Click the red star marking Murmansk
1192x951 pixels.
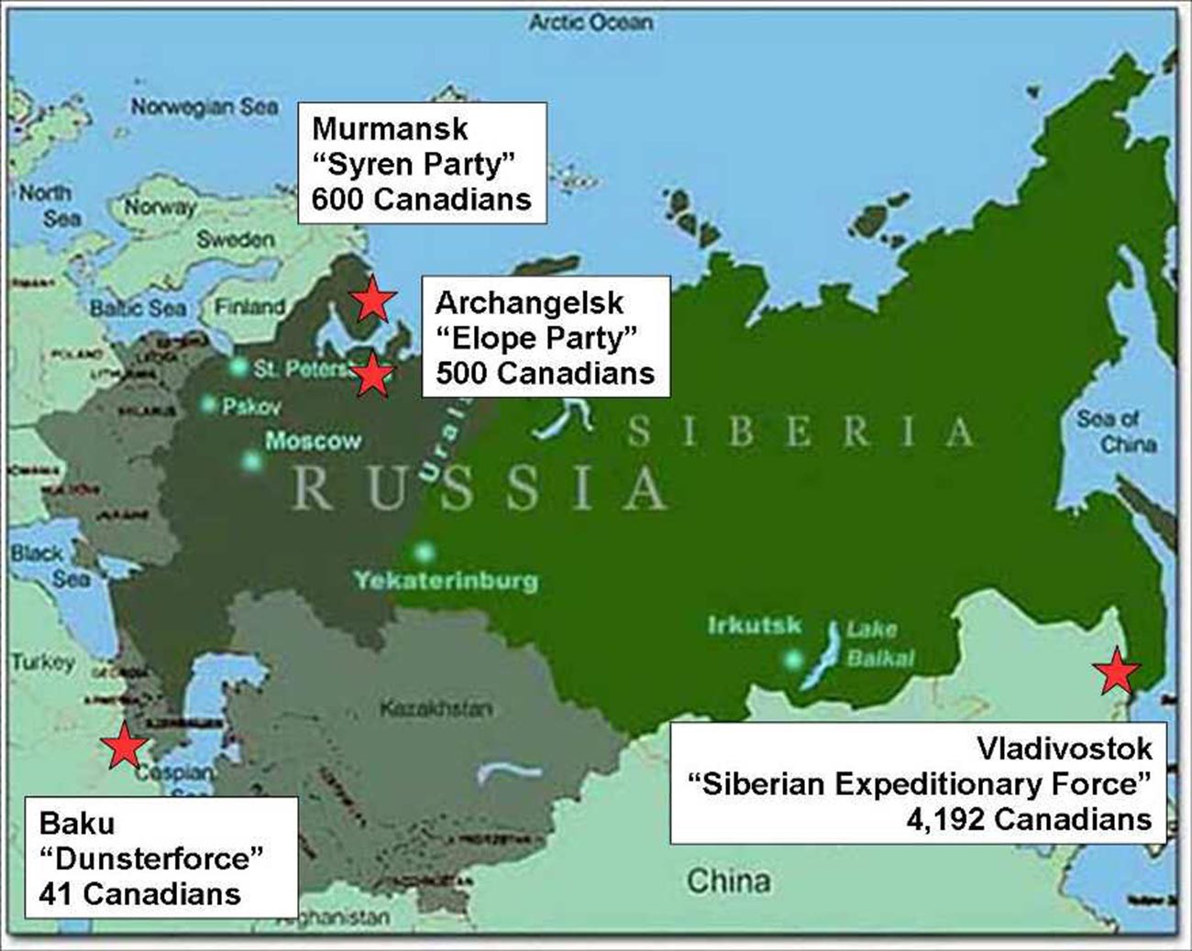372,299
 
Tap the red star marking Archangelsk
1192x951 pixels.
372,375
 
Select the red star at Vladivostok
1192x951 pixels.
1117,672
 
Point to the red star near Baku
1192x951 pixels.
124,746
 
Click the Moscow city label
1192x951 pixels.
313,441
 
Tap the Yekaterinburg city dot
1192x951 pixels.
424,552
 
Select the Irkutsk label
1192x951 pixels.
754,626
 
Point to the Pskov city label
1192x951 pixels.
251,405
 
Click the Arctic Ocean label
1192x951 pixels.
590,23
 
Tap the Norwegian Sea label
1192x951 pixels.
204,107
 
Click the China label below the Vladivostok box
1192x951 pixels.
728,880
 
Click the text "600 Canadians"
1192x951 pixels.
421,199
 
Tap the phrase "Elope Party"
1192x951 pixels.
536,338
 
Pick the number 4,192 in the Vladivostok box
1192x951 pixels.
944,818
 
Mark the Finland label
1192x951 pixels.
248,307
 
